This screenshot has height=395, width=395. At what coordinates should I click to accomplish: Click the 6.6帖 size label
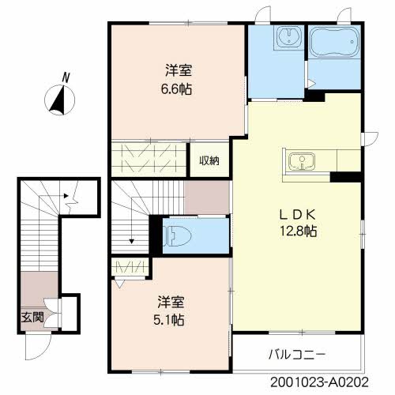176,89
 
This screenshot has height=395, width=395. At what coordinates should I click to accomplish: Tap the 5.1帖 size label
169,320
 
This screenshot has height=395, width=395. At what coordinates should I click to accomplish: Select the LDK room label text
298,215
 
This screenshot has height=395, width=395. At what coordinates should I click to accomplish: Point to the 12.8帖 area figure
298,231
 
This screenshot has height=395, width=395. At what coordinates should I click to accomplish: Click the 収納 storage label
209,160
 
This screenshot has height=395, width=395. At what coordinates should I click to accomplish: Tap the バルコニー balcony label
297,355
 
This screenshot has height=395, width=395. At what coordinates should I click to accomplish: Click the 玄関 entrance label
32,318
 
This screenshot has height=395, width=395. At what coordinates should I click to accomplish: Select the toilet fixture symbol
177,236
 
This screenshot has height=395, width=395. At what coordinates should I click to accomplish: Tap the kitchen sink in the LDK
302,161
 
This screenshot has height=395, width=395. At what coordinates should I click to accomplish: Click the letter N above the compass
66,78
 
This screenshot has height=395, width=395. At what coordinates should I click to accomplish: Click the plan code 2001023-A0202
320,382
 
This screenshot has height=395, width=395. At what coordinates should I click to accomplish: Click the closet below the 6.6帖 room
149,160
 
